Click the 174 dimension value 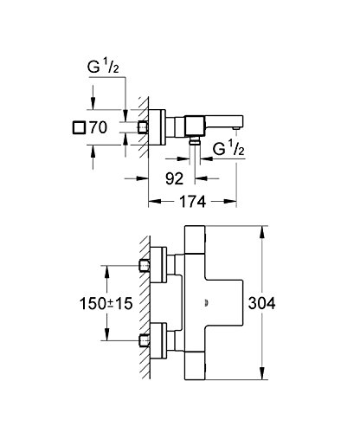click(193, 201)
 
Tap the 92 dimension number click(174, 178)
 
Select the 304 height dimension click(261, 303)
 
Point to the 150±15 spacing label click(106, 304)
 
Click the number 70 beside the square click(98, 127)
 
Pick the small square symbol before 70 click(79, 127)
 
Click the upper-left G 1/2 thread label click(103, 68)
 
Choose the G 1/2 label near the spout click(228, 149)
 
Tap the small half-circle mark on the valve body click(206, 303)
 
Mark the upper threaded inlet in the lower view click(145, 266)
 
